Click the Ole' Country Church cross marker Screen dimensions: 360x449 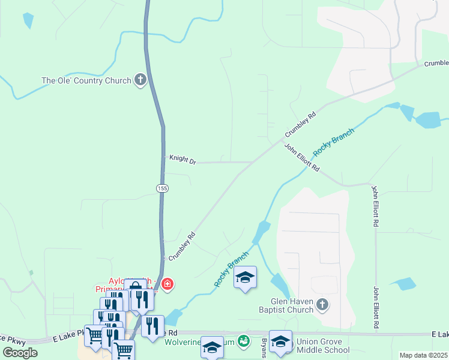[140, 79]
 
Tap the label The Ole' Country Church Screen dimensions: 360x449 [86, 80]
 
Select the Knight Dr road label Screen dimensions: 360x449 [182, 160]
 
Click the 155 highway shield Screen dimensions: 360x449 [162, 188]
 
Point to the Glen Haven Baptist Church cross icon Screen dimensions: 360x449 [322, 304]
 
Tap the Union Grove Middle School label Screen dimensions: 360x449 [322, 346]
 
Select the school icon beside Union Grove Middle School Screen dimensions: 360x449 [280, 341]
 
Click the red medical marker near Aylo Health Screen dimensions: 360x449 [167, 283]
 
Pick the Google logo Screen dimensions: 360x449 [20, 353]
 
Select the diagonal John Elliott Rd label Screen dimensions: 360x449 [301, 157]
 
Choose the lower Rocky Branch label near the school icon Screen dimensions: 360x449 [231, 269]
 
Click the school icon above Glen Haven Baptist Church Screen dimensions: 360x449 [245, 277]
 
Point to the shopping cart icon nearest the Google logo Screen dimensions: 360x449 [95, 335]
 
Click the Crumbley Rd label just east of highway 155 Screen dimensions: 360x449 [182, 246]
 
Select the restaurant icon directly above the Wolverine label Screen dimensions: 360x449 [153, 326]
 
